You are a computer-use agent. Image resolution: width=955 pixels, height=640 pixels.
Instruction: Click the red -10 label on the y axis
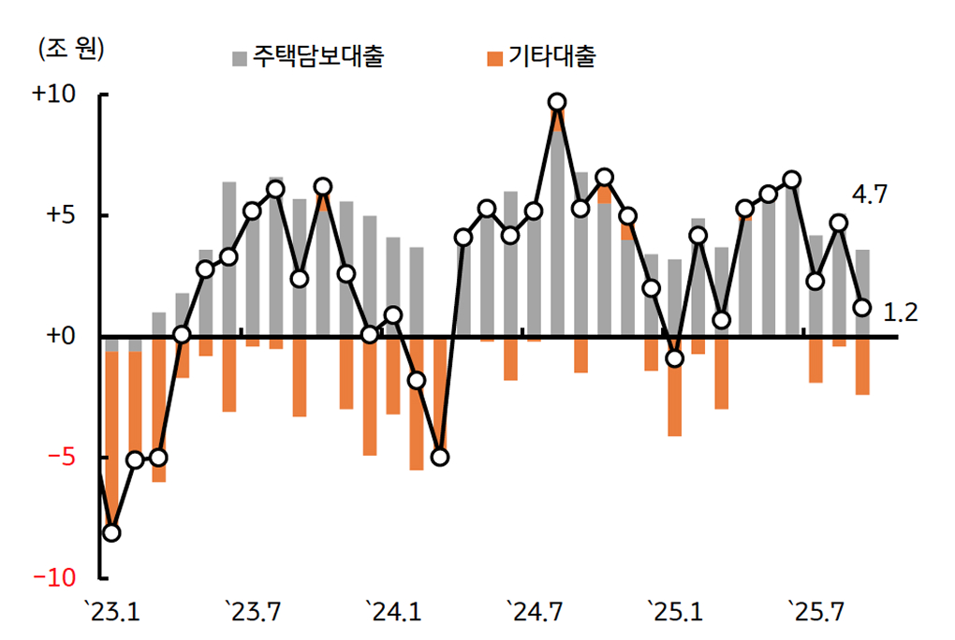pos(55,578)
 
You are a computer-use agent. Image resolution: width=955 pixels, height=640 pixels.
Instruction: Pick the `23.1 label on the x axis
pos(111,613)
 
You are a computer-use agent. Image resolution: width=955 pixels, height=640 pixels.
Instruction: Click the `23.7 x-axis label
pos(253,613)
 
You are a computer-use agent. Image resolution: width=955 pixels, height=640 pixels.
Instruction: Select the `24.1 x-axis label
pos(393,613)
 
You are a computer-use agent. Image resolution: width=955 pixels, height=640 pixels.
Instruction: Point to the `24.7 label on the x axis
pos(535,613)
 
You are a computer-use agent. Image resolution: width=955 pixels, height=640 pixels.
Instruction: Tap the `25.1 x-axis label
pos(675,613)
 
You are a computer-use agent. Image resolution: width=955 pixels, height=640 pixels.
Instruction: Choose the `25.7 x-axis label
pos(815,613)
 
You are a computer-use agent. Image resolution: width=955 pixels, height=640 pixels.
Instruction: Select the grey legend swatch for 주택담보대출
pos(240,59)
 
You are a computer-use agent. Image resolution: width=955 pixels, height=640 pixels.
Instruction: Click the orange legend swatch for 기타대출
pos(495,59)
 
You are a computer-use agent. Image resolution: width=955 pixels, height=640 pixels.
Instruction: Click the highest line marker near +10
pos(557,102)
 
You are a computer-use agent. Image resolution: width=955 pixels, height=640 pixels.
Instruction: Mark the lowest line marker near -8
pos(111,532)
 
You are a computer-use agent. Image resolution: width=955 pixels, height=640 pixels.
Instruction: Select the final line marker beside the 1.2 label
pos(862,308)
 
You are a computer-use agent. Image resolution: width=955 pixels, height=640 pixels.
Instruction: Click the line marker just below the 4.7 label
pos(839,223)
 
